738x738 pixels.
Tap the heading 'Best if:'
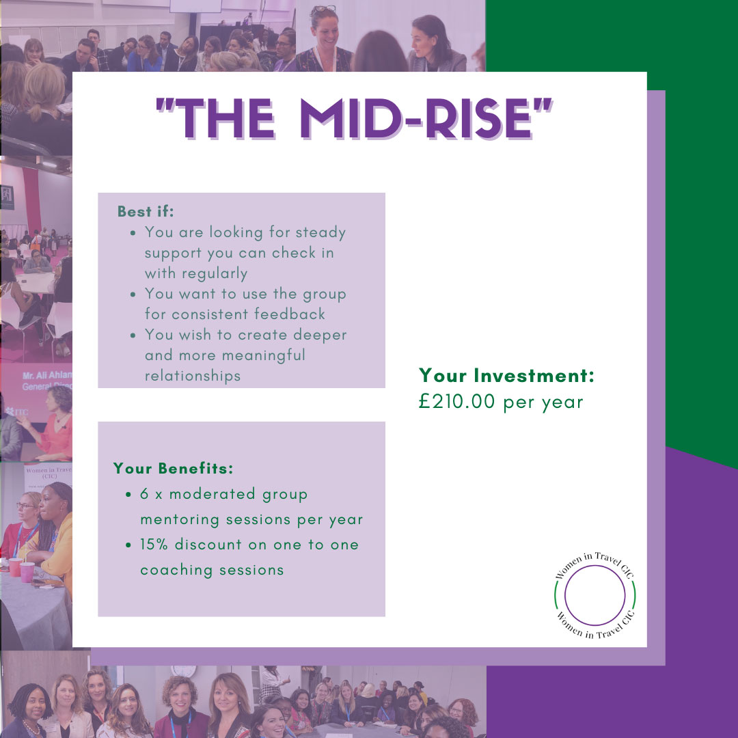click(146, 211)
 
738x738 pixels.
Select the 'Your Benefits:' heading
click(173, 468)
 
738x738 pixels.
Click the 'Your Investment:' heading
click(506, 376)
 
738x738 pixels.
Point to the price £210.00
click(456, 402)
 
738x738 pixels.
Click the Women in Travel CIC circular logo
click(595, 595)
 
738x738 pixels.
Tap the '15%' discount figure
click(154, 545)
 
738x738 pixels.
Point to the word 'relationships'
click(193, 376)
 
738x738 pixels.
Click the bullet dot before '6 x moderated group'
click(128, 495)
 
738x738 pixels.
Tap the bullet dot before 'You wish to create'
click(133, 336)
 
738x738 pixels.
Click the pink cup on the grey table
click(27, 572)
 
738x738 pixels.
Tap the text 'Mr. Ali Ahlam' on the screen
click(47, 375)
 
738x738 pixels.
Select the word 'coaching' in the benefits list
click(176, 571)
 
